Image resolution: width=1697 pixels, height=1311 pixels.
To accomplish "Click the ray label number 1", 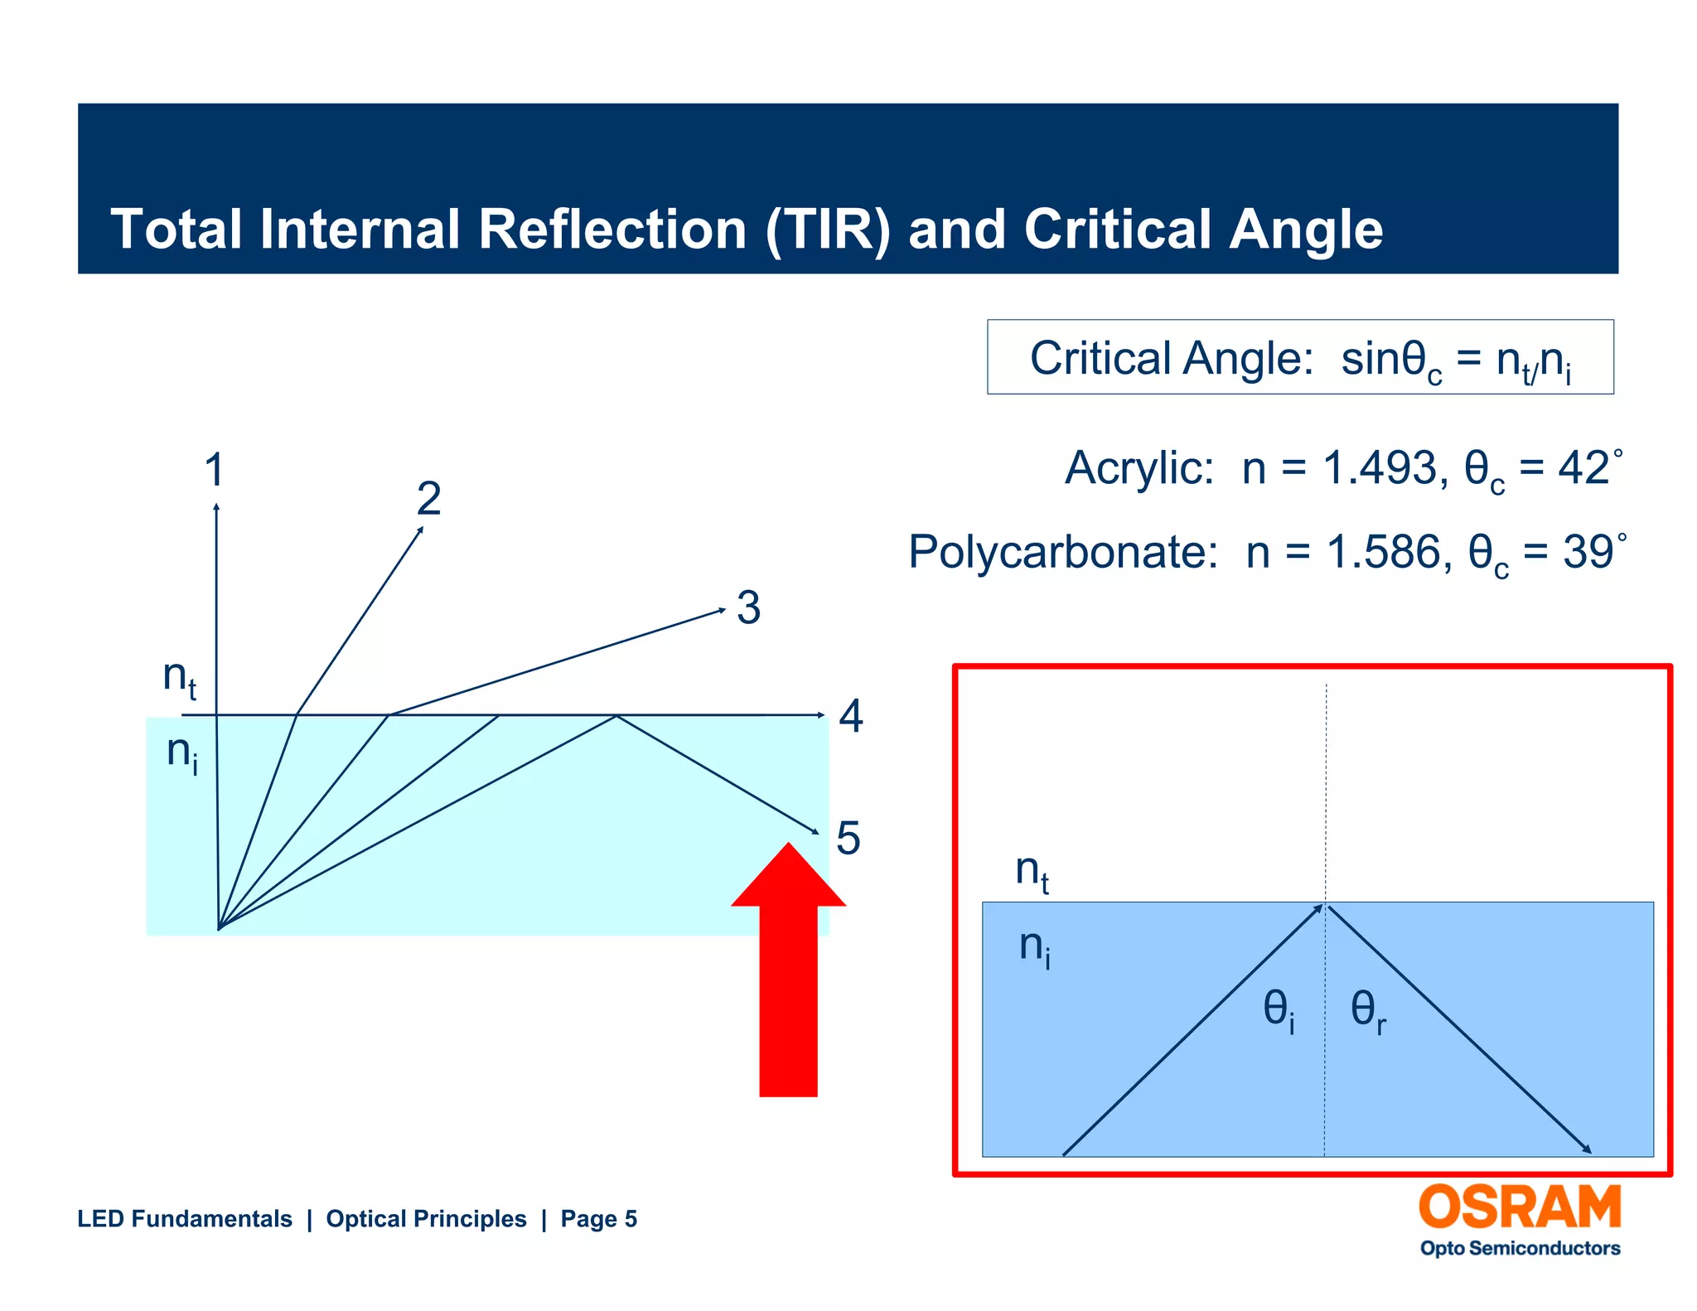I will click(x=214, y=470).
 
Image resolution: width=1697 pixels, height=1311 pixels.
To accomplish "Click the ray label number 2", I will click(x=428, y=499).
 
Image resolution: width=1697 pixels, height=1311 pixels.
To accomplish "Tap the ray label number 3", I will click(x=748, y=607).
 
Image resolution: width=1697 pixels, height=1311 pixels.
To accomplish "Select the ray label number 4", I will click(x=851, y=716).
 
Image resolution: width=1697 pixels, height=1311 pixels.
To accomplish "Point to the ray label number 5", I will click(x=848, y=838).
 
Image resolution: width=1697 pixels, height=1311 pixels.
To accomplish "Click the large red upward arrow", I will click(x=788, y=978).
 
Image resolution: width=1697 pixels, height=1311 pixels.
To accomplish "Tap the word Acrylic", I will click(x=1139, y=468).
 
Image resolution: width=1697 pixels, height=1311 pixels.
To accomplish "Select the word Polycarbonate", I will click(x=1063, y=552).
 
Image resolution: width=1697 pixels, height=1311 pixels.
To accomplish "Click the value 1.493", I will click(x=1380, y=468).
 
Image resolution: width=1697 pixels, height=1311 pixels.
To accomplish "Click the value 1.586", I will click(x=1383, y=552).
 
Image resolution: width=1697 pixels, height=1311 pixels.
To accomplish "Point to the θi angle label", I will click(x=1279, y=1011).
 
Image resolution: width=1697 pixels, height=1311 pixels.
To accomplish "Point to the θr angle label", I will click(x=1367, y=1011).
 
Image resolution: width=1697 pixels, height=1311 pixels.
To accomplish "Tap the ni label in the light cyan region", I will click(x=181, y=753).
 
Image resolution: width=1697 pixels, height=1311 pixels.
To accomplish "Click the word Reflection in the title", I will click(x=612, y=229).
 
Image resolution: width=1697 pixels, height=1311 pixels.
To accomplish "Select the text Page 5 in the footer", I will click(x=598, y=1219).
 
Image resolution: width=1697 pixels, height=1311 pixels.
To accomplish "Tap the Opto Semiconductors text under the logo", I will click(x=1520, y=1248).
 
